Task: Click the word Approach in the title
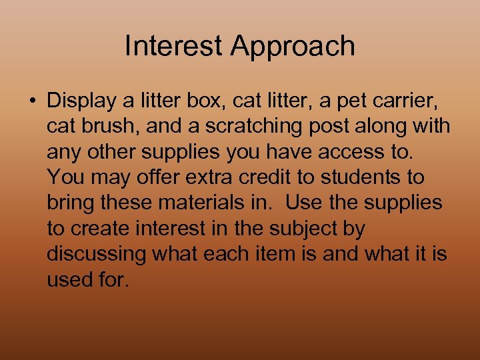(293, 47)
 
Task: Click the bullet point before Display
(32, 101)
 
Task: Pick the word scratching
(259, 126)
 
